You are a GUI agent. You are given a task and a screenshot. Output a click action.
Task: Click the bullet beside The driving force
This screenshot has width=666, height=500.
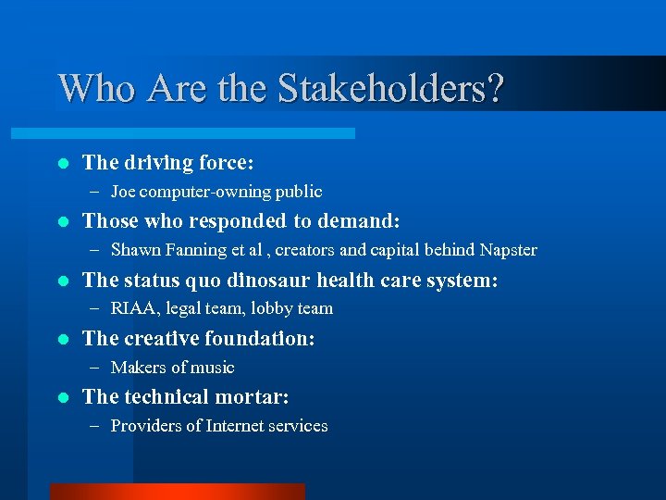62,163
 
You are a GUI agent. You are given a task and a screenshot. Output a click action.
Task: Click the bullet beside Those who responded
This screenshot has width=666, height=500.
62,221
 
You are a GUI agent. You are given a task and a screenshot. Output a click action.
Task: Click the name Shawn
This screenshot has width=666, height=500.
135,250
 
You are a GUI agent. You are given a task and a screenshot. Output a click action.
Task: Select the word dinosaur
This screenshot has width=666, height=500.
274,280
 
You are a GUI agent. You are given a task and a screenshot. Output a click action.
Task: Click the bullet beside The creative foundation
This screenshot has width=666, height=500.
62,339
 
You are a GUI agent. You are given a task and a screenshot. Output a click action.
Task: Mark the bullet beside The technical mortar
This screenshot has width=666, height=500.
62,397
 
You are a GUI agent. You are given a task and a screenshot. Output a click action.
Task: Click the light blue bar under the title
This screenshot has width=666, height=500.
204,133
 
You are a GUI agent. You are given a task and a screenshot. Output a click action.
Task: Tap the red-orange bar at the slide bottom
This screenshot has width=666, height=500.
178,491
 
